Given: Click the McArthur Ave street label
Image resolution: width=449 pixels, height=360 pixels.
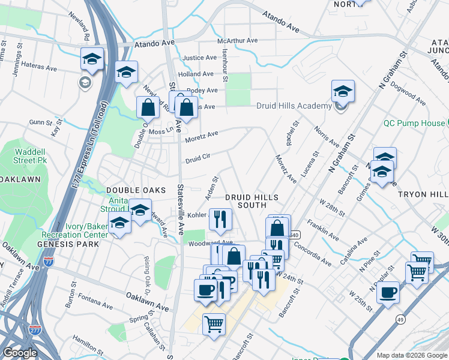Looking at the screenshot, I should click(x=237, y=41).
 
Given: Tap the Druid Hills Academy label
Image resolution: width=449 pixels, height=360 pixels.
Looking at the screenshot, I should click(x=294, y=106).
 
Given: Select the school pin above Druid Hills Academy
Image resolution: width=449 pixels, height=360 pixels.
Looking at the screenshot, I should click(x=343, y=92).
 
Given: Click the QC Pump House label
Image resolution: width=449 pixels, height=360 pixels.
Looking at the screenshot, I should click(x=414, y=123).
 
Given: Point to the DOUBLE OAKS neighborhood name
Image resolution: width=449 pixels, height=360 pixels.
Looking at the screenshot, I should click(x=135, y=190).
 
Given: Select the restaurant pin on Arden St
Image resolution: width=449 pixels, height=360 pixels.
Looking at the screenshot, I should click(x=220, y=220).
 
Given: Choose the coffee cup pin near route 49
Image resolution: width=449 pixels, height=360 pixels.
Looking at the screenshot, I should click(x=388, y=293).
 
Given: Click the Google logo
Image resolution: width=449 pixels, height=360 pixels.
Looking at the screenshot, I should click(x=20, y=353).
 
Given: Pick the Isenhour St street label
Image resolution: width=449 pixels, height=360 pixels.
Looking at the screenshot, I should click(x=224, y=65).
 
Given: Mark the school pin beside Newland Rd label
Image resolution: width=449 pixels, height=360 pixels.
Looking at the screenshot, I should click(x=92, y=59).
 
